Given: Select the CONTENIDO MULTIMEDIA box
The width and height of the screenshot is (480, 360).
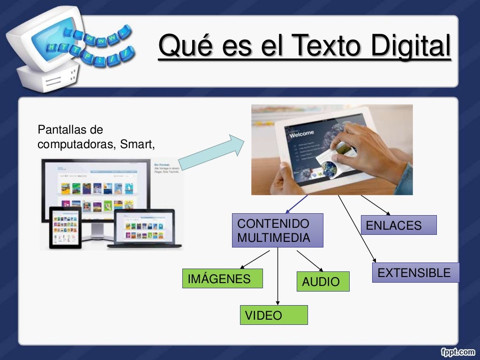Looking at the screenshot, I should point(277,230).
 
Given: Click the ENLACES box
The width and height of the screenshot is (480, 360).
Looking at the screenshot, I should point(398,225).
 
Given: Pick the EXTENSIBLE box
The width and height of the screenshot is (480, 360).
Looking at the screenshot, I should point(415,272).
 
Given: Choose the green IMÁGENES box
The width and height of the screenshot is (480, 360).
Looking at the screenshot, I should point(222,278).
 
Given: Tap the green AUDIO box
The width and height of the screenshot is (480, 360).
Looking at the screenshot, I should point(322,281).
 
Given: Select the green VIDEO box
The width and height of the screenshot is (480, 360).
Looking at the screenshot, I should point(274,315).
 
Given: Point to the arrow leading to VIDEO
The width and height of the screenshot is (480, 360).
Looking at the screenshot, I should point(278,277).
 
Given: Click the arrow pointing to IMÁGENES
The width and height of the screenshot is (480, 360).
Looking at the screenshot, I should point(255,259).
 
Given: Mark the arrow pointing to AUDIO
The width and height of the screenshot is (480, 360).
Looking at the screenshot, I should point(310,261).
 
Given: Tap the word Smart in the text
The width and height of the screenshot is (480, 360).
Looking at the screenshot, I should point(136,144).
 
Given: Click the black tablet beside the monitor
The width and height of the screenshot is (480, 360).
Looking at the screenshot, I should point(66,227).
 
